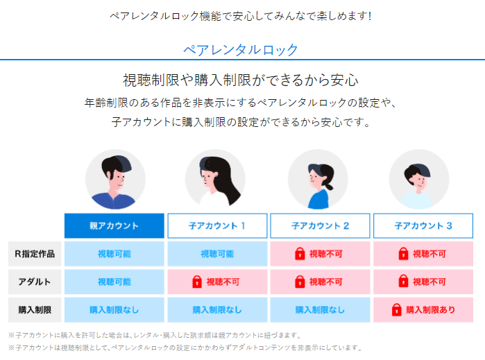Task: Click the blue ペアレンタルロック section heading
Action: [x=241, y=50]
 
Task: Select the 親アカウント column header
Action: [x=114, y=226]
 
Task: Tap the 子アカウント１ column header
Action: [x=217, y=226]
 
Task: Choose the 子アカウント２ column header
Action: [x=320, y=226]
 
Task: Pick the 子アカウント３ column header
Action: [x=423, y=226]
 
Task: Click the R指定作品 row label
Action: [x=35, y=254]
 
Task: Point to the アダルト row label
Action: [x=35, y=282]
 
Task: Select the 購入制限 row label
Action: [x=35, y=309]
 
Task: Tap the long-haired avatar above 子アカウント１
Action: [x=216, y=180]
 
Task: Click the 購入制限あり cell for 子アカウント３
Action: [x=423, y=309]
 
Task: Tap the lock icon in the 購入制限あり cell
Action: [x=397, y=309]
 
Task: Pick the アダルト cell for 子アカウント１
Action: [x=217, y=282]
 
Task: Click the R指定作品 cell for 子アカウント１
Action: [x=217, y=254]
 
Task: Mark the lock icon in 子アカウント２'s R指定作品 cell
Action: [x=300, y=254]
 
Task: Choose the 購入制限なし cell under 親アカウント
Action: [x=114, y=309]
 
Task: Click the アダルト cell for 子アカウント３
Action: [x=423, y=282]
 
